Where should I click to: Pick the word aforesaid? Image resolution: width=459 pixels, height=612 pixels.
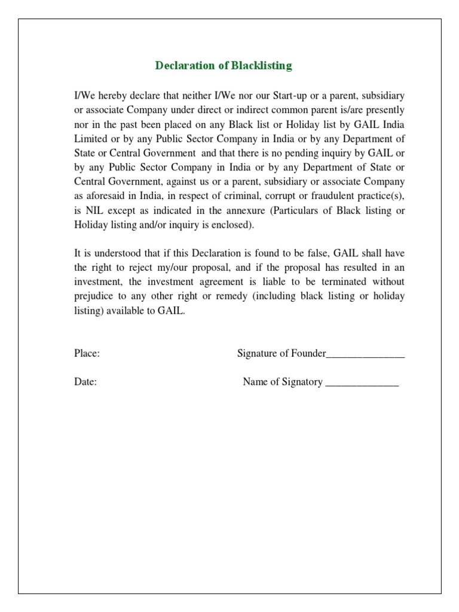click(x=108, y=195)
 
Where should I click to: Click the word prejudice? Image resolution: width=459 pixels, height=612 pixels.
click(x=95, y=296)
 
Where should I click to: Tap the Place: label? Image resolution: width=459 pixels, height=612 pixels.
click(x=87, y=354)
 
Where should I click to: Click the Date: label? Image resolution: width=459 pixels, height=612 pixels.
click(x=85, y=382)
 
